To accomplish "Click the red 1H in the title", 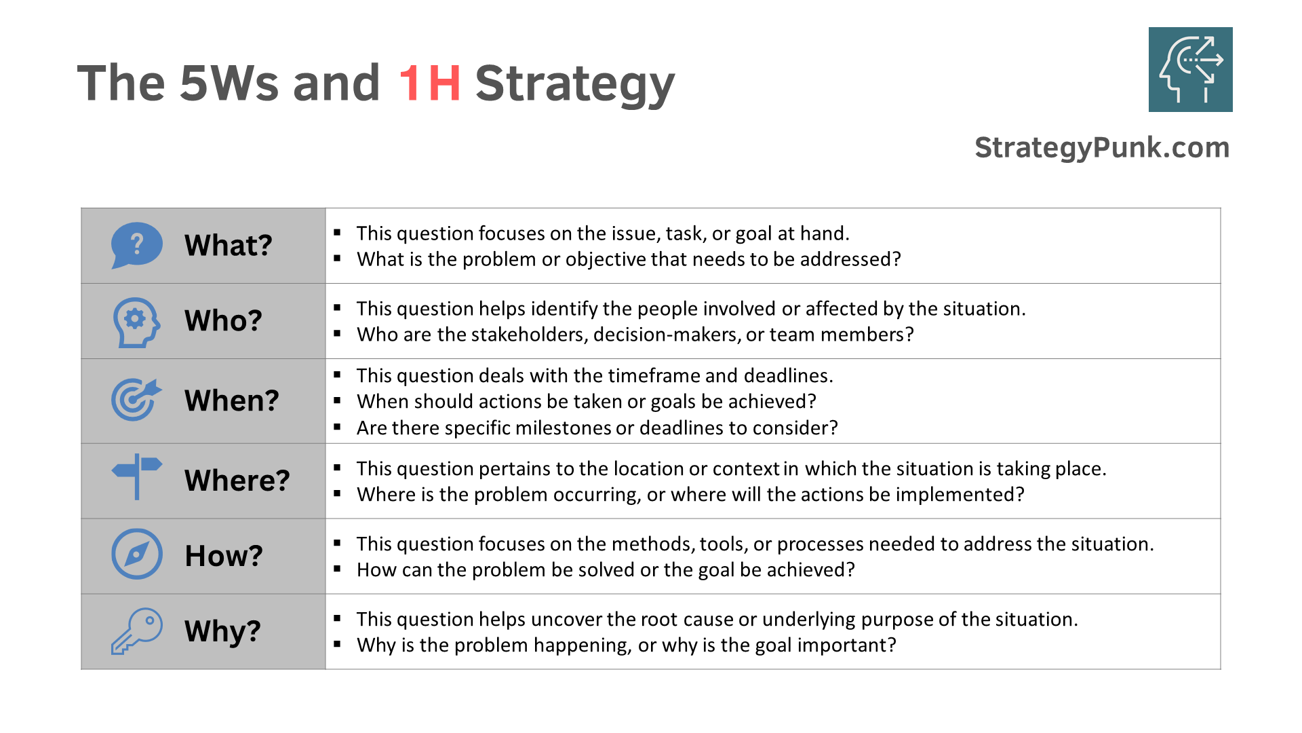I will click(x=429, y=83).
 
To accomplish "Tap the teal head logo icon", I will click(x=1190, y=69).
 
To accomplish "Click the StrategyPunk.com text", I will click(x=1102, y=147).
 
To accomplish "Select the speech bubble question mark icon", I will click(x=137, y=245).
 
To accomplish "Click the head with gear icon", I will click(x=136, y=322).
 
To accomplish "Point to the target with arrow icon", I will click(x=136, y=399).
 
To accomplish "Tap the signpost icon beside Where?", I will click(x=137, y=476).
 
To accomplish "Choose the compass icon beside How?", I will click(x=137, y=554).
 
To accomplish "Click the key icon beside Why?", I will click(x=137, y=631).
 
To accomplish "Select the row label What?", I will click(x=229, y=245).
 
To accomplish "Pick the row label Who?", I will click(x=223, y=320).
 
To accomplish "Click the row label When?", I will click(x=231, y=400).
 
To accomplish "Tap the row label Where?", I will click(x=237, y=480).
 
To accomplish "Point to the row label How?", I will click(x=223, y=555).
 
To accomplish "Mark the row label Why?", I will click(x=222, y=631).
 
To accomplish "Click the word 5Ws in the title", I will click(x=229, y=83).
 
